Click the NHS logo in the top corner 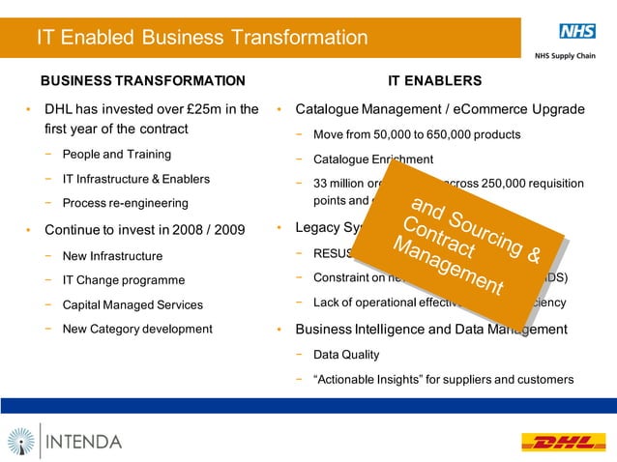pos(576,31)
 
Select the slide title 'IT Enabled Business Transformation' pos(202,38)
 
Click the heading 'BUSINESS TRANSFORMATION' pos(142,80)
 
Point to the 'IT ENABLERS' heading pos(434,80)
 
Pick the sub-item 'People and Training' pos(116,155)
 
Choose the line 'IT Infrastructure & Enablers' pos(135,179)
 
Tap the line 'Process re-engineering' pos(125,203)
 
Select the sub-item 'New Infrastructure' pos(112,256)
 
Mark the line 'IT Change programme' pos(123,280)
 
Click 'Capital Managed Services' pos(132,304)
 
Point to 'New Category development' pos(136,329)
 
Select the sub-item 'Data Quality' pos(346,355)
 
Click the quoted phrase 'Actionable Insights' pos(372,379)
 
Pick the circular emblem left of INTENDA pos(20,442)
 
